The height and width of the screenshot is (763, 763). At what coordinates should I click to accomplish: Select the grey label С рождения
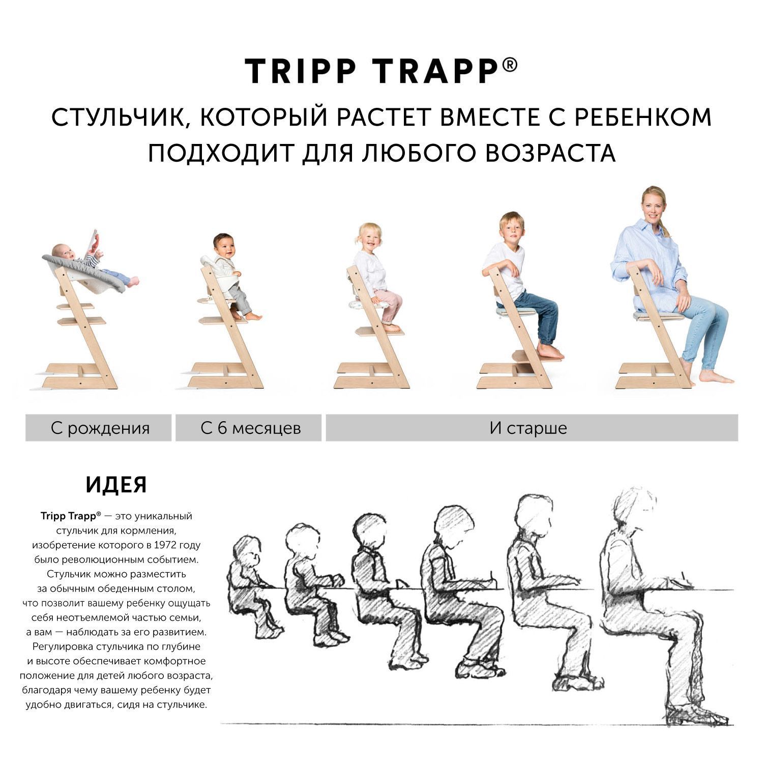point(99,428)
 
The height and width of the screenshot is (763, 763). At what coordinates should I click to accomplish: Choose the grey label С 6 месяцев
point(249,428)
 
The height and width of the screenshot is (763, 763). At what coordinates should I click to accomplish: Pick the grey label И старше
point(532,428)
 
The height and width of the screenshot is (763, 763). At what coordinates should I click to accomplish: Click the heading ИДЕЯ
point(116,485)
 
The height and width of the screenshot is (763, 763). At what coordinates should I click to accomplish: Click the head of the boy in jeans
point(511,228)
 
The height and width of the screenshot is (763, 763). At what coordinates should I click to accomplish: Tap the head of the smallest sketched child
point(247,551)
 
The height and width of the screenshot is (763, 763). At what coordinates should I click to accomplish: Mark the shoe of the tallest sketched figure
point(697,714)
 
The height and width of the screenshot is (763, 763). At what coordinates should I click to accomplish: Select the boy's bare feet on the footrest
point(549,351)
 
